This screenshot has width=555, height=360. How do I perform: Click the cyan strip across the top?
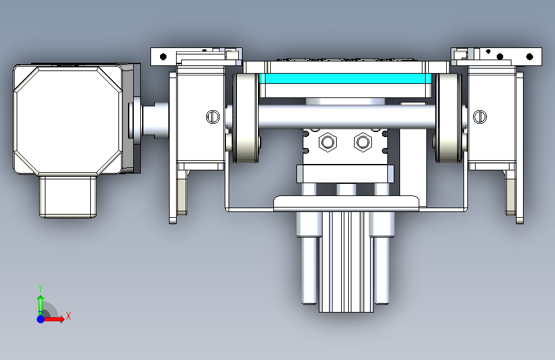[x=345, y=78]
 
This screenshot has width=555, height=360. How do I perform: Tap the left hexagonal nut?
[x=327, y=142]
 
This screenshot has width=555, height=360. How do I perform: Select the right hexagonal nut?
[x=362, y=142]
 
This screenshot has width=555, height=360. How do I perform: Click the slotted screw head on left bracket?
[x=213, y=117]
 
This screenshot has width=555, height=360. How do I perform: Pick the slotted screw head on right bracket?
[x=479, y=117]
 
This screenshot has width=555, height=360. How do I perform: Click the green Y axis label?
[x=40, y=288]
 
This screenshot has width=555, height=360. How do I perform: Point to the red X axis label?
[x=68, y=316]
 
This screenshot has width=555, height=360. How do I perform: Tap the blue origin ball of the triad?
[x=41, y=319]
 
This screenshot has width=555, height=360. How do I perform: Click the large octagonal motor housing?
[x=68, y=120]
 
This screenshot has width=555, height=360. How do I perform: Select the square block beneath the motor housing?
[x=68, y=197]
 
